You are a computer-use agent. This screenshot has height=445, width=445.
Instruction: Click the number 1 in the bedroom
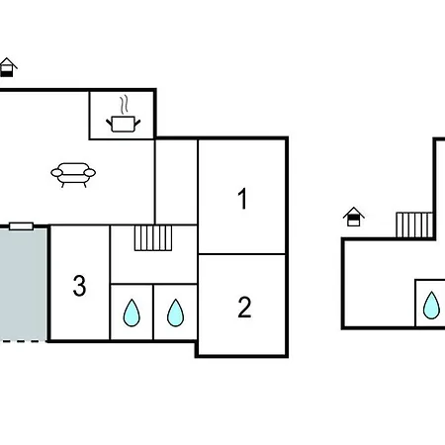[x=242, y=199]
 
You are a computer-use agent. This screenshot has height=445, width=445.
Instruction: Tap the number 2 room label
[x=244, y=308]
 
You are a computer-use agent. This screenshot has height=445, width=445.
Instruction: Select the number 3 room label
[x=79, y=286]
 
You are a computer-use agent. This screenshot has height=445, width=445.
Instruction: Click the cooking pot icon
[x=124, y=124]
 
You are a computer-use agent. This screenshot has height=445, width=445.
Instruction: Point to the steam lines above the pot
[x=124, y=105]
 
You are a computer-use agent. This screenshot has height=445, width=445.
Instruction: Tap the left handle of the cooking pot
[x=109, y=123]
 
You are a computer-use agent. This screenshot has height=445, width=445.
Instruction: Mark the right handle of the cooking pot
[x=137, y=123]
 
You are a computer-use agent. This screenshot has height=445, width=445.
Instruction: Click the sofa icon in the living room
[x=73, y=175]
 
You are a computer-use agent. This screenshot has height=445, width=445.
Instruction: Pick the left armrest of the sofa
[x=56, y=173]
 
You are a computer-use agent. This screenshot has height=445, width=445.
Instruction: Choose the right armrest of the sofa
[x=90, y=173]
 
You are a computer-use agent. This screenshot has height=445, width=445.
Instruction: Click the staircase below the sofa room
[x=153, y=238]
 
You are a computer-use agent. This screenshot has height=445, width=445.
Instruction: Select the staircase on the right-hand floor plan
[x=414, y=224]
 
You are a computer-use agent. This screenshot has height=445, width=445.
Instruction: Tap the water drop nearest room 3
[x=132, y=312]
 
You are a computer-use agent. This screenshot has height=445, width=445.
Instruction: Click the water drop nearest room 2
[x=175, y=312]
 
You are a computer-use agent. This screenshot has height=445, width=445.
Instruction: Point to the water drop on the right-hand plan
[x=431, y=306]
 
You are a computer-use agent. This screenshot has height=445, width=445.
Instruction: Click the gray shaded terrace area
[x=23, y=285]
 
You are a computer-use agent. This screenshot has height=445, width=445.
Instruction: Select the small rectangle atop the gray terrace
[x=21, y=226]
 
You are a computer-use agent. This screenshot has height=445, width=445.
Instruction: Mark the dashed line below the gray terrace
[x=22, y=341]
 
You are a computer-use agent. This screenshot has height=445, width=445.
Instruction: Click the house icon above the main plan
[x=8, y=67]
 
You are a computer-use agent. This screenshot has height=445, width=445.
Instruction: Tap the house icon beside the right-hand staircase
[x=354, y=217]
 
